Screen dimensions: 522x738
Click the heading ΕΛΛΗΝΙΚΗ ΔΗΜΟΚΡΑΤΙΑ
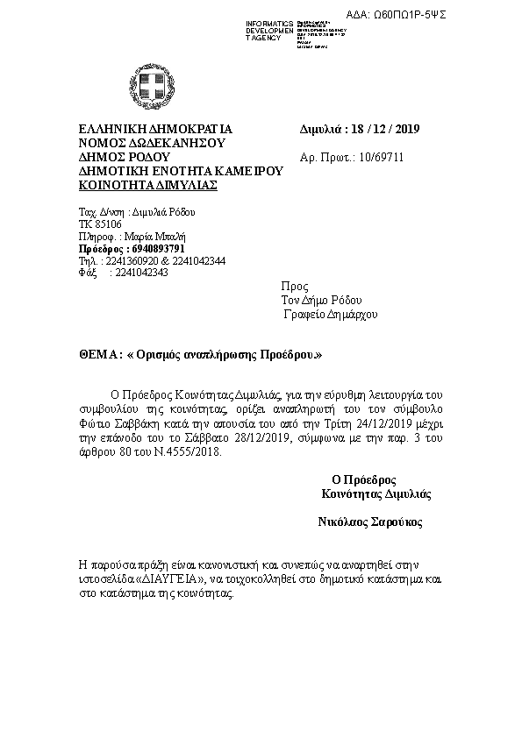pyautogui.click(x=155, y=129)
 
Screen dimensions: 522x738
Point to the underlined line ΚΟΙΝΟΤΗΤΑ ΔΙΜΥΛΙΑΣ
pyautogui.click(x=148, y=186)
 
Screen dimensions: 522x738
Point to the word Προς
pyautogui.click(x=294, y=287)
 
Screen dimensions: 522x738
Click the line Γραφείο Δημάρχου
pyautogui.click(x=330, y=314)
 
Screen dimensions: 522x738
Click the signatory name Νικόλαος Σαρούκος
pyautogui.click(x=370, y=522)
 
